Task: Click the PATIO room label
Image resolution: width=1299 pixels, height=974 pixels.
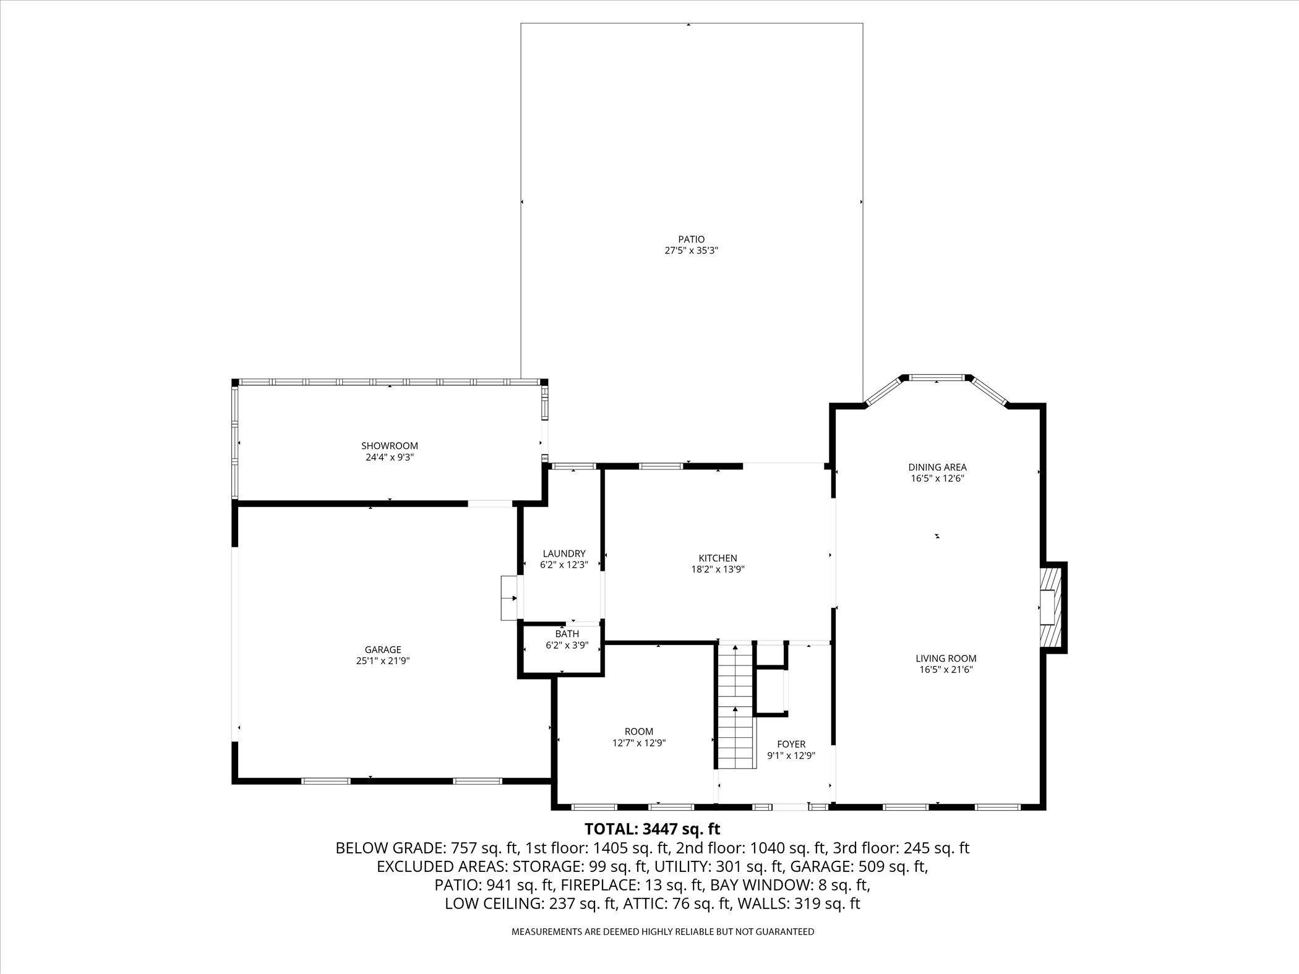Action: pos(691,239)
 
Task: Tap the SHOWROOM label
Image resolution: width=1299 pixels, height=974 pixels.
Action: pos(390,446)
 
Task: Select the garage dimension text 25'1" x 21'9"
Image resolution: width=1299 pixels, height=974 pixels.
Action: pos(383,661)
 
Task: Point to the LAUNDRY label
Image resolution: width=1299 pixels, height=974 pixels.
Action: pos(564,553)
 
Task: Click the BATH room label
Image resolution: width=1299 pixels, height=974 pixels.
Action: pos(567,634)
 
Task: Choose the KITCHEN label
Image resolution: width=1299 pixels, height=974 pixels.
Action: pos(718,558)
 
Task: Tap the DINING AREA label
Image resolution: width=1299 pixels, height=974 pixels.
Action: pos(937,468)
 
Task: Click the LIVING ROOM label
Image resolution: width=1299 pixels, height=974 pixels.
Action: pos(946,659)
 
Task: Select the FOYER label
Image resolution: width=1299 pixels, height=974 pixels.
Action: pos(791,744)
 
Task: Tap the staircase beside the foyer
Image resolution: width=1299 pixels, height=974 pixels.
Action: pos(736,705)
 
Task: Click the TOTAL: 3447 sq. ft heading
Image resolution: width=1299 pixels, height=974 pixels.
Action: pos(653,829)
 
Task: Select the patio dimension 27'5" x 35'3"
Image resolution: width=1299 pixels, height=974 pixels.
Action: pos(691,251)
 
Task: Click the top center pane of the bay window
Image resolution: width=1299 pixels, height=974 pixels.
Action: pos(937,377)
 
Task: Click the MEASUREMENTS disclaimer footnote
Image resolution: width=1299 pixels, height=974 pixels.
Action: pos(662,949)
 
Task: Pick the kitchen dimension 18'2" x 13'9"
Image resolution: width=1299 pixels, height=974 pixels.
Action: pos(718,570)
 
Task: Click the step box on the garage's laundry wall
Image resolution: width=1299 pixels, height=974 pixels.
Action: pos(508,598)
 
